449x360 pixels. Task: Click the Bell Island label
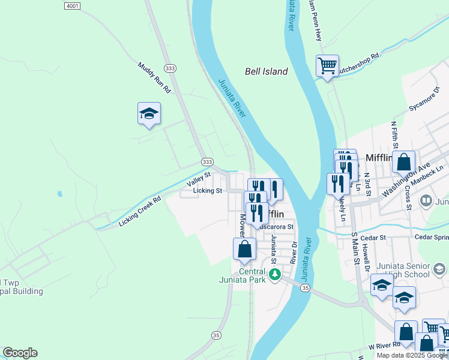266,71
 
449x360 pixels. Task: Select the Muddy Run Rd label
154,77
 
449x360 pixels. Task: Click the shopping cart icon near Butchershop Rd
327,65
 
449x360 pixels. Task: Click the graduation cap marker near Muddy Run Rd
149,113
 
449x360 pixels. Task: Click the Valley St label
199,178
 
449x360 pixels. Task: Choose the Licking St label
208,191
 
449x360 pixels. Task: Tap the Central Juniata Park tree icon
275,275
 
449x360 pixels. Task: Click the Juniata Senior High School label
403,270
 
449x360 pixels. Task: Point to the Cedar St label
373,238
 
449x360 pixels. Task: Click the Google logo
20,353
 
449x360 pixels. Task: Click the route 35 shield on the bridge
305,289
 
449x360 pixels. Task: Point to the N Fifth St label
394,134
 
